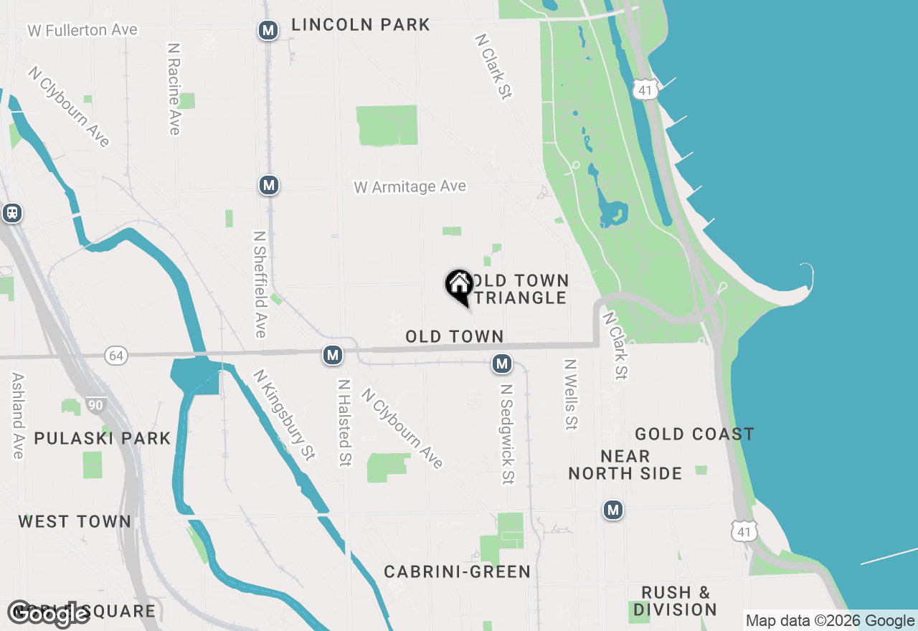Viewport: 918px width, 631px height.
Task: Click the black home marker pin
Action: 459,285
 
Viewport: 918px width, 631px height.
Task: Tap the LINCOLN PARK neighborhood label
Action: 361,25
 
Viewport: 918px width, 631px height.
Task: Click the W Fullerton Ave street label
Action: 82,30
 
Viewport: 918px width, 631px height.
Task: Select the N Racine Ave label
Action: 174,88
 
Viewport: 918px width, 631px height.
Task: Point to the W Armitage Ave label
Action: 410,186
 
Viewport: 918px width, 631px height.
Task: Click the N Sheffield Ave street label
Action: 260,284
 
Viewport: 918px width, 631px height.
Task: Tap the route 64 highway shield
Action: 115,355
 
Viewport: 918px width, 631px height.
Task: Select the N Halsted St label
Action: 345,423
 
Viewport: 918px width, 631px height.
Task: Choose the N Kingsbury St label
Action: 285,415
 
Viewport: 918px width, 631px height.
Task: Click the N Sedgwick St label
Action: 508,434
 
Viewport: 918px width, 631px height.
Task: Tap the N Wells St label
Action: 571,395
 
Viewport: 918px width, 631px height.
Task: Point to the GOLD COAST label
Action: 694,434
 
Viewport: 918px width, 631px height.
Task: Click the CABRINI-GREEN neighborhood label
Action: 458,571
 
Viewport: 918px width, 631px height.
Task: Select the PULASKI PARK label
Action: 103,438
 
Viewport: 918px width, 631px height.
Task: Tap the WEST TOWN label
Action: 75,521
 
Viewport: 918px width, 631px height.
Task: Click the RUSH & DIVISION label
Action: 676,601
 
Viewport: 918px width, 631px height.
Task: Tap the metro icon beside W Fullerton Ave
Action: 268,30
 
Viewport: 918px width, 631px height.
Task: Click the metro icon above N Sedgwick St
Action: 502,364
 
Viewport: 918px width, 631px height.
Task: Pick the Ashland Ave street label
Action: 18,415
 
